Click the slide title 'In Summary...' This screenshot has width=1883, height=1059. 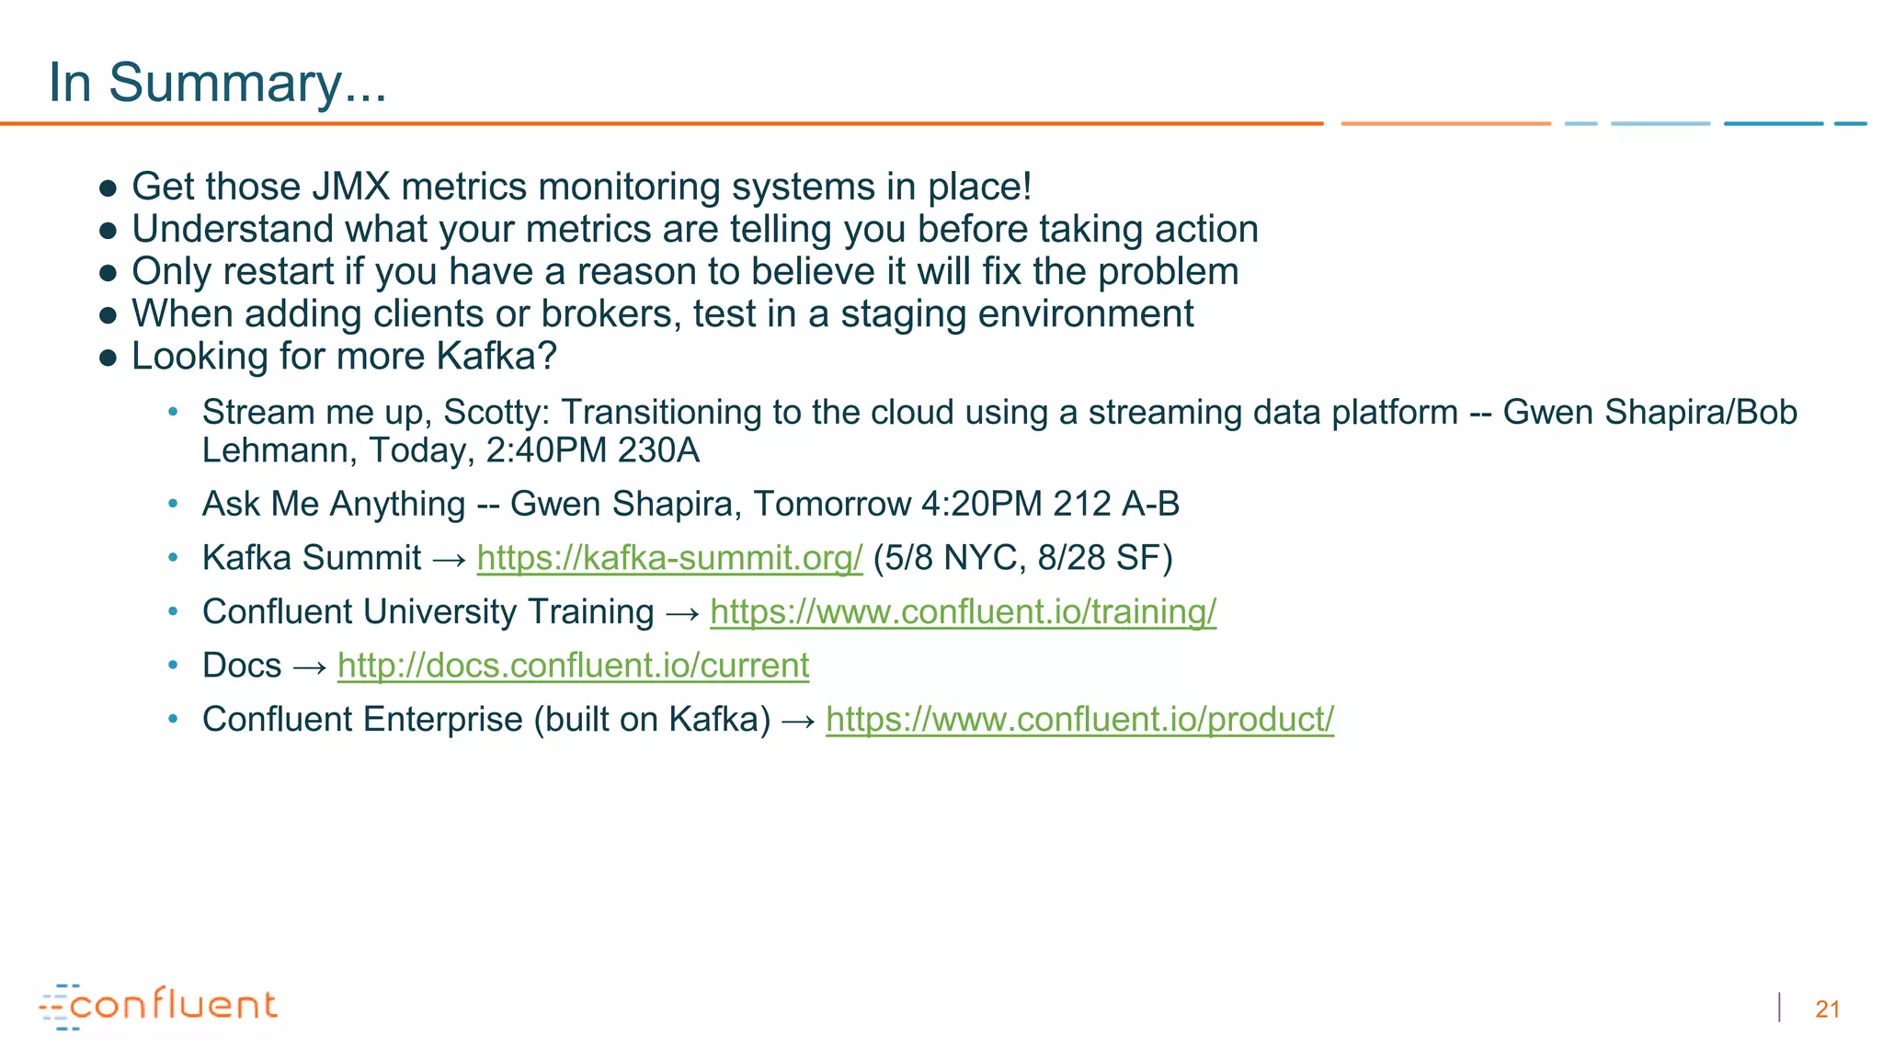click(x=217, y=83)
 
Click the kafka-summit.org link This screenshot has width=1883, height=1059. click(x=669, y=558)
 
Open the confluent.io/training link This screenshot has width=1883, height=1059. click(x=963, y=612)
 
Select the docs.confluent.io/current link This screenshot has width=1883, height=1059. click(x=573, y=666)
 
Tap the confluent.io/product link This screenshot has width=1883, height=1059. click(x=1079, y=720)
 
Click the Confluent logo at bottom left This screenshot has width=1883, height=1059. click(x=158, y=1006)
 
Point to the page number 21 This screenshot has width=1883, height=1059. click(x=1827, y=1009)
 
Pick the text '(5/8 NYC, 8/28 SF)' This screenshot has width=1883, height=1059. click(x=1022, y=558)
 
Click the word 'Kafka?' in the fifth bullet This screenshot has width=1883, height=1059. click(x=496, y=357)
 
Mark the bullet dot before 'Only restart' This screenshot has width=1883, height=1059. click(x=108, y=273)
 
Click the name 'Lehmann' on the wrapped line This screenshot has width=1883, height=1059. click(x=279, y=451)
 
